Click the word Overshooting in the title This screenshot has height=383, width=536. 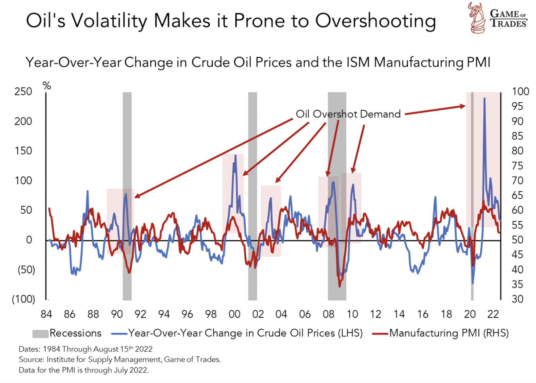click(375, 21)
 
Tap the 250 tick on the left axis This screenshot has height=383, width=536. click(23, 91)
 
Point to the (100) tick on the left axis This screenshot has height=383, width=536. click(23, 299)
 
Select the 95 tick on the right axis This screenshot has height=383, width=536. click(517, 106)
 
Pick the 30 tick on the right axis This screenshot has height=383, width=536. click(517, 299)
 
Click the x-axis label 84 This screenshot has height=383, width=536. click(46, 314)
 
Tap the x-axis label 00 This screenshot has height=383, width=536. click(234, 314)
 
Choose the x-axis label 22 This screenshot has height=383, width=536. click(493, 314)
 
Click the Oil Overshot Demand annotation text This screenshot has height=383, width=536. click(348, 114)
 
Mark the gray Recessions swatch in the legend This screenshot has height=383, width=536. click(40, 334)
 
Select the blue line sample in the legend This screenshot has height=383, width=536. click(119, 334)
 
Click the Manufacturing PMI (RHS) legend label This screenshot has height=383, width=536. click(449, 333)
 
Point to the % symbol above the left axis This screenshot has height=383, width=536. click(47, 86)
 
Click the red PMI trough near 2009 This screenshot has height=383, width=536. click(339, 286)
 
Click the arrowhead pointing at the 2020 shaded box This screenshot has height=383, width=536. click(463, 106)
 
